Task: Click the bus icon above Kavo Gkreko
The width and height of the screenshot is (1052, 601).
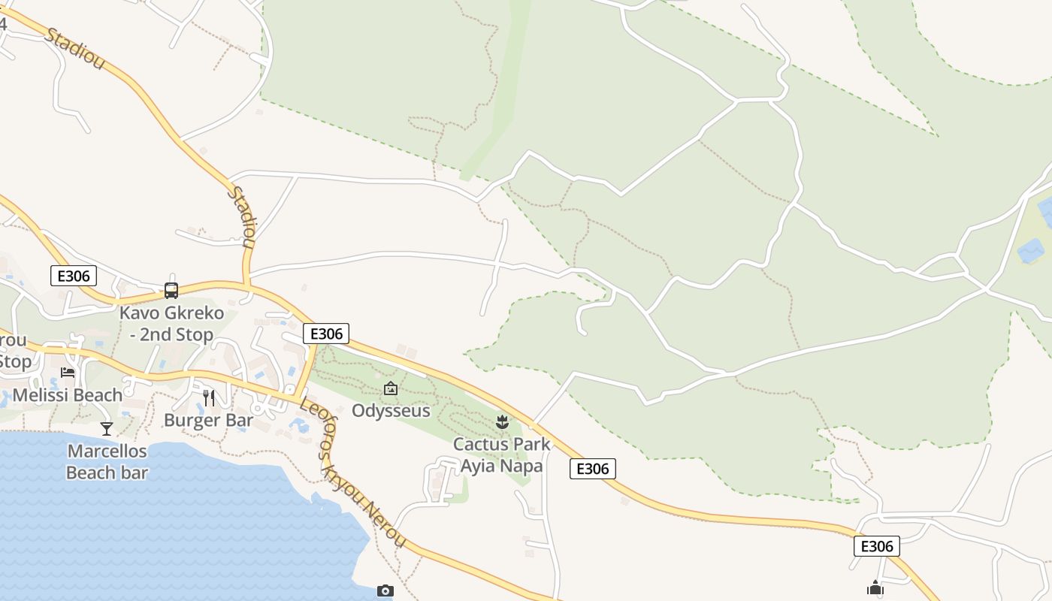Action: tap(171, 290)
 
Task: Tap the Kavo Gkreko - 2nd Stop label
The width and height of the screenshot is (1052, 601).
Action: tap(171, 323)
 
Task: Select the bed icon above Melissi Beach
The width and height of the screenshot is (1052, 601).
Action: tap(68, 373)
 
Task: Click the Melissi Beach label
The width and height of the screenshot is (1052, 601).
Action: tap(68, 395)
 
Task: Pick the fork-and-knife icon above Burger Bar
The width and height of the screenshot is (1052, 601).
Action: tap(209, 397)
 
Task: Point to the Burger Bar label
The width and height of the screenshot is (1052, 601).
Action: tap(208, 420)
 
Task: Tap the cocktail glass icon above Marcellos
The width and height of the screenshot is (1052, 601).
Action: tap(107, 428)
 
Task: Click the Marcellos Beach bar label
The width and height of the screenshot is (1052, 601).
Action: tap(107, 462)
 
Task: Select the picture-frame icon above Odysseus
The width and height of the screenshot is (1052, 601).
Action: tap(391, 388)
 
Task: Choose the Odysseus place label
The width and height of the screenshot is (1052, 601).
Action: tap(391, 411)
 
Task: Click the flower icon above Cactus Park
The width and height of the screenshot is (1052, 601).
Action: tap(502, 421)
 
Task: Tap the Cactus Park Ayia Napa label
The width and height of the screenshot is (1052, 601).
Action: tap(502, 455)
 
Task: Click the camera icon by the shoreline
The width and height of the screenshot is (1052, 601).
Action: tap(385, 591)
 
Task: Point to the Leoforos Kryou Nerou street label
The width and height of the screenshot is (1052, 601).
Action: tap(353, 473)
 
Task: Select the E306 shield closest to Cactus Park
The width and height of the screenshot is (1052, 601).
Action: tap(592, 469)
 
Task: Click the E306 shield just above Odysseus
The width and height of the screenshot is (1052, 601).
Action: tap(326, 334)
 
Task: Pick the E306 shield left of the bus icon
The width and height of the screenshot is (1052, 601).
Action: tap(74, 276)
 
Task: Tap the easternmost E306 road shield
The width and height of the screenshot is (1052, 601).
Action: tap(876, 546)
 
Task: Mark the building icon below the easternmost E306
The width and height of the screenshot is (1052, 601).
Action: tap(875, 588)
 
